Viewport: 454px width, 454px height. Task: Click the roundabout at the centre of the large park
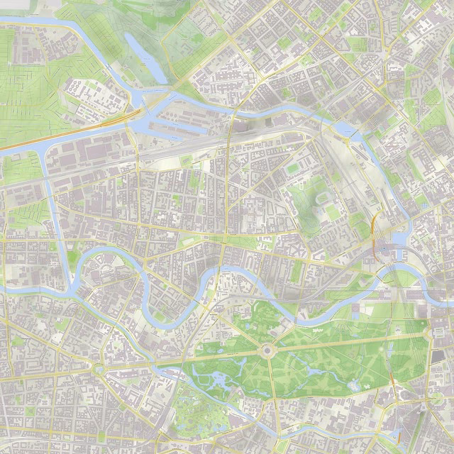point(267,350)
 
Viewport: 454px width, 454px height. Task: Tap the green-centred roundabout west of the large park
point(98,370)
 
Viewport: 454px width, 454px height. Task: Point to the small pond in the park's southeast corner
point(353,385)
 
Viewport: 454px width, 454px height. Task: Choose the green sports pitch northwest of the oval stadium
point(293,168)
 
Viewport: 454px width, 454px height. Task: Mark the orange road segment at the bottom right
point(399,433)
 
